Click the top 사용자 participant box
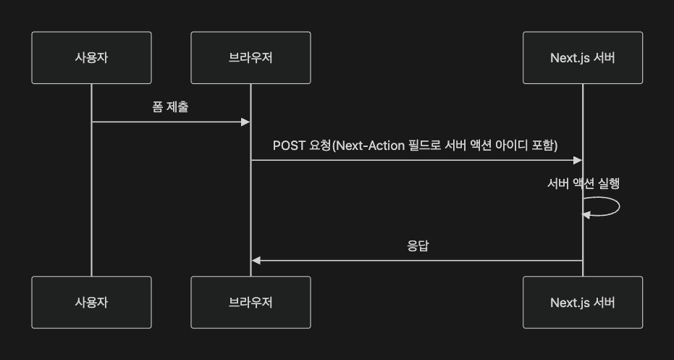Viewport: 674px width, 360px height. click(91, 58)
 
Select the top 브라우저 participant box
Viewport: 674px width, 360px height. click(250, 58)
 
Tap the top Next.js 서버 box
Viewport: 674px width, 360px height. click(582, 58)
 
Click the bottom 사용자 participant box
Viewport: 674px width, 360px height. click(91, 302)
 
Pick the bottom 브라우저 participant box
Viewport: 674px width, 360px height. click(250, 302)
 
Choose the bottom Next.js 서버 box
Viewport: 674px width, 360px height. click(582, 302)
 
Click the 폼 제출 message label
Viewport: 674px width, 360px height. click(171, 106)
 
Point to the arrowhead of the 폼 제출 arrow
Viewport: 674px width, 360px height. click(245, 122)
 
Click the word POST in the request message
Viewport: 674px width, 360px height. click(289, 145)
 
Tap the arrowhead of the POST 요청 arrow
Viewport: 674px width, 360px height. click(578, 159)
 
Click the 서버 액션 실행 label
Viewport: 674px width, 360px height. click(583, 183)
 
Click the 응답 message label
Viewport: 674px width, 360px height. click(417, 246)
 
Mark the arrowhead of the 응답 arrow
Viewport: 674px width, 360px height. click(256, 260)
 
